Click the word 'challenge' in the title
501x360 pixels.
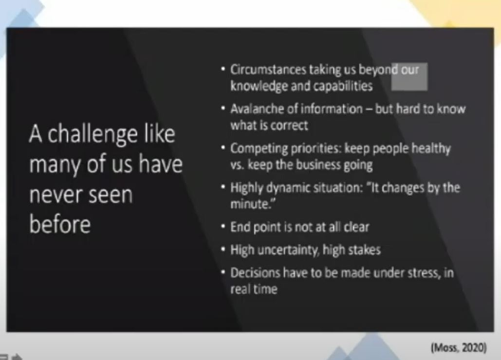93,135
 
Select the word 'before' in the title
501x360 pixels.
60,224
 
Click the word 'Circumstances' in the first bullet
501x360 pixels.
268,70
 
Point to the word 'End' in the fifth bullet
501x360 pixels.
240,227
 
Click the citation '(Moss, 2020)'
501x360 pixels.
459,347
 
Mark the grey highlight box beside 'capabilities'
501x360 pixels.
409,76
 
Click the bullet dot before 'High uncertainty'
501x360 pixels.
223,249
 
